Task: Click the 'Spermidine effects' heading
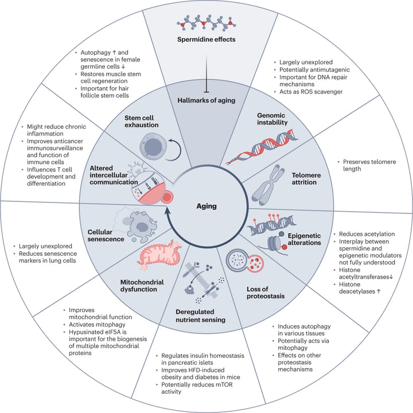click(x=206, y=41)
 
